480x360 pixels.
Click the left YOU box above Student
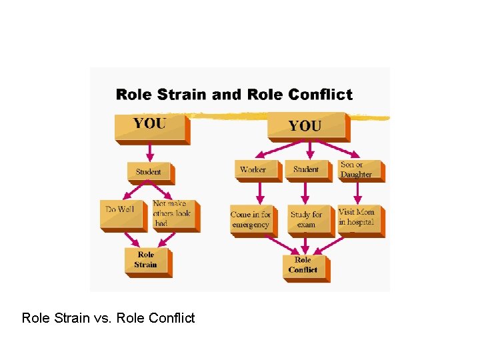150,126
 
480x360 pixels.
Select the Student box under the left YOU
149,172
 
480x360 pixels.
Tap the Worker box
253,170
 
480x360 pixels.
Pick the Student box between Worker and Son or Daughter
306,170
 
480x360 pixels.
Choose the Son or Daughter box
358,170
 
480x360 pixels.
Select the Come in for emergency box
251,219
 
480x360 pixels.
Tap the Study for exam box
307,219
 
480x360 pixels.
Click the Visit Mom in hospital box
358,218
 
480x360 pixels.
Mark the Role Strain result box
146,260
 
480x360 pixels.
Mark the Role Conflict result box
303,265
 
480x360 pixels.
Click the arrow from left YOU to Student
149,151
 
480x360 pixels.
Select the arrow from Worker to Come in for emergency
260,193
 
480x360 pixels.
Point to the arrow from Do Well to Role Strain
131,239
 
